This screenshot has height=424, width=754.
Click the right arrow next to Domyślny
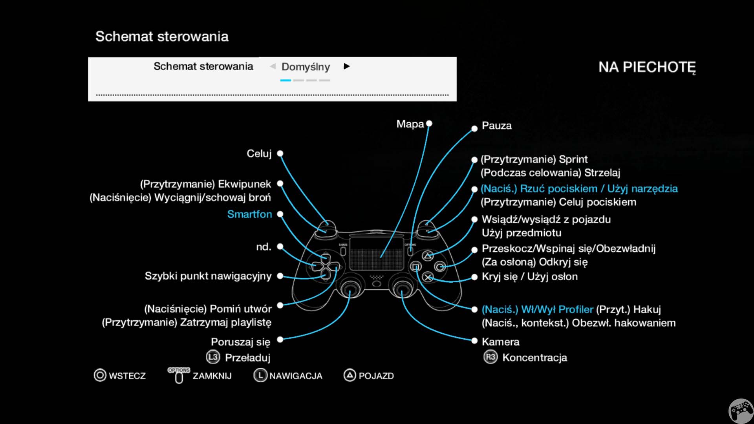[x=346, y=66]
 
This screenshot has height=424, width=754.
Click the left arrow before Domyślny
[x=273, y=66]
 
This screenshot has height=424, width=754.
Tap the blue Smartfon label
[x=249, y=214]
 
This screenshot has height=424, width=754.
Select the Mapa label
[x=410, y=124]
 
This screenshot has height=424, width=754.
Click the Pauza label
[x=496, y=126]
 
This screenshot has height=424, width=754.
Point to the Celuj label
[x=259, y=154]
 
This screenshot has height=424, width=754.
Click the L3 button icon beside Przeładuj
[x=213, y=357]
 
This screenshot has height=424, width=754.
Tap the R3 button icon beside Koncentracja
[x=490, y=357]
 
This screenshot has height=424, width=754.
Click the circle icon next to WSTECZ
[x=100, y=375]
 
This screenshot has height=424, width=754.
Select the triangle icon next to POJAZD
[x=350, y=375]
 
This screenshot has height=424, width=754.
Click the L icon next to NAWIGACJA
[x=260, y=375]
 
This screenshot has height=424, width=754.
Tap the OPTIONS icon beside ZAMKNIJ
[x=179, y=375]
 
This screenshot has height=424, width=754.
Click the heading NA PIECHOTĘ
[x=647, y=67]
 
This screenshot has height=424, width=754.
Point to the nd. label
[x=264, y=247]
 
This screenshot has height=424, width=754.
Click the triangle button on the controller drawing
[x=428, y=256]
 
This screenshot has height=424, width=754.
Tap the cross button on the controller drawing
[x=428, y=278]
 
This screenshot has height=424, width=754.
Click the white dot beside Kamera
[x=474, y=341]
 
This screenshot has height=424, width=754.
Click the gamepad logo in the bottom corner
[x=741, y=411]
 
